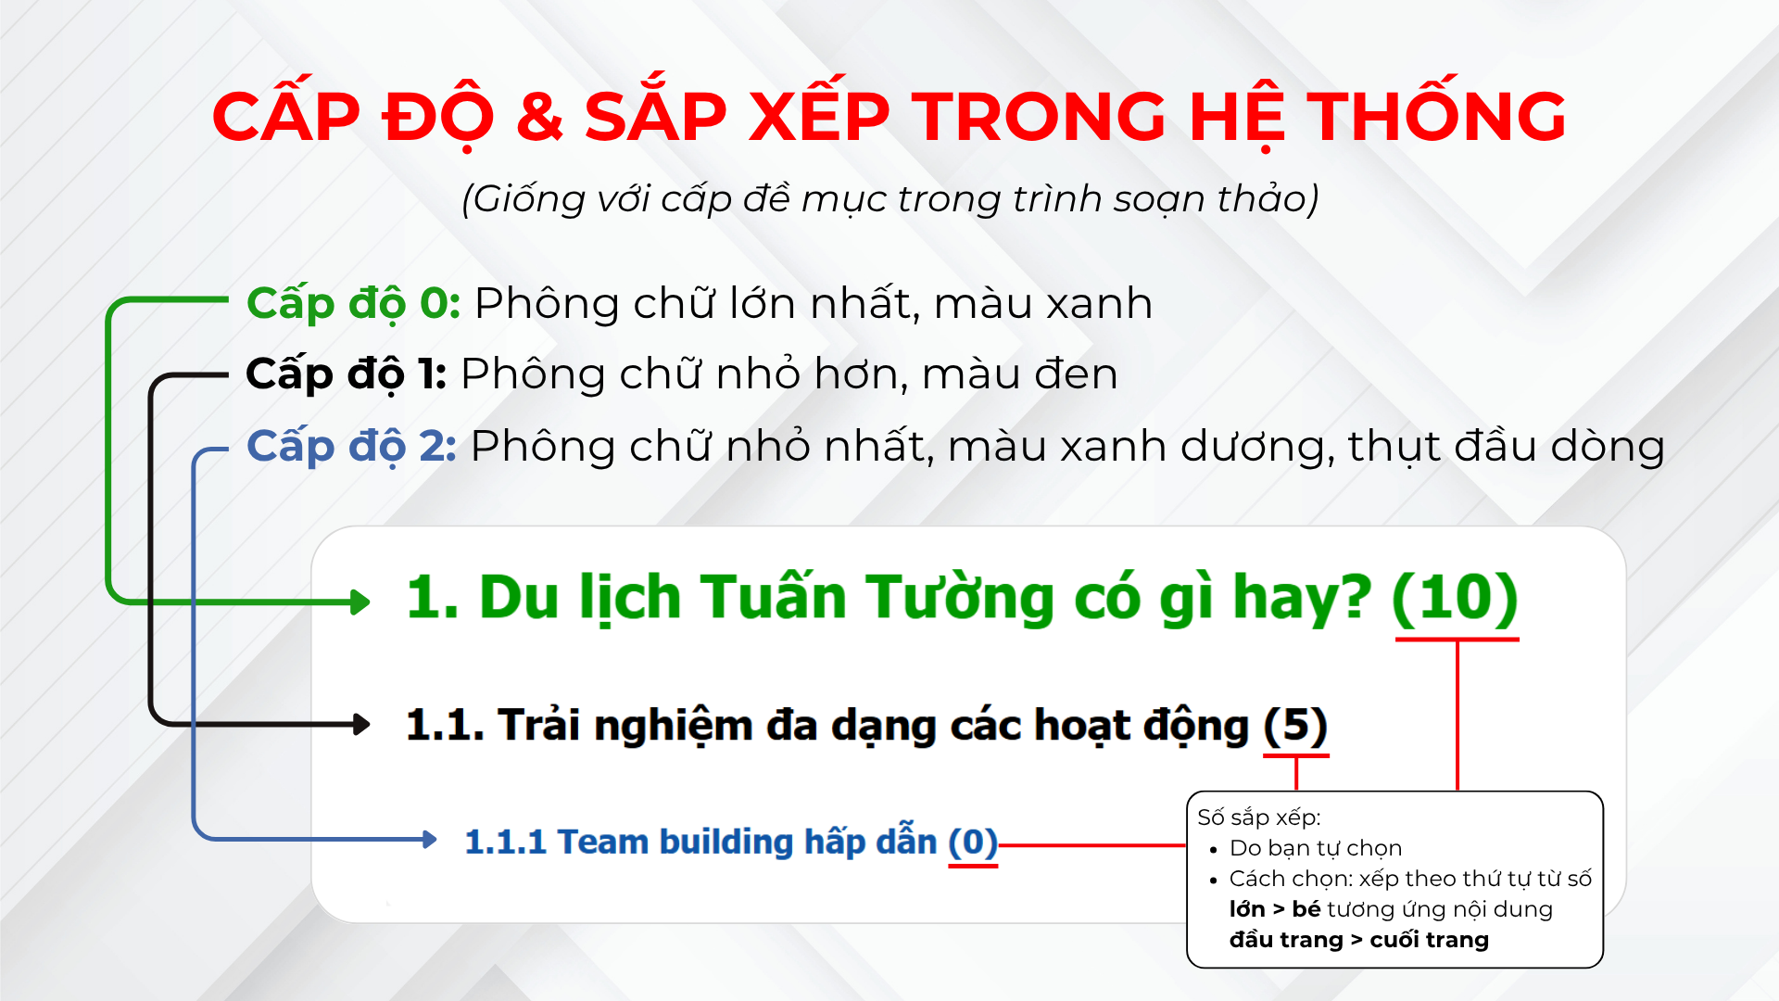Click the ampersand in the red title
[540, 117]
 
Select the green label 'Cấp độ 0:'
[354, 303]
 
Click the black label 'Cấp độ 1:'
[347, 374]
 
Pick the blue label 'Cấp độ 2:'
[352, 446]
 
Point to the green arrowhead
[360, 602]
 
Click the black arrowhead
[361, 724]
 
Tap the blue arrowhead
[429, 840]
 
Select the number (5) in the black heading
[1295, 725]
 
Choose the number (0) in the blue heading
[973, 842]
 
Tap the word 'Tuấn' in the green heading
[774, 596]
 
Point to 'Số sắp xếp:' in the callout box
[1259, 817]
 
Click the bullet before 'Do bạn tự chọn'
[1214, 849]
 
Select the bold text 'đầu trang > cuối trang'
[1359, 940]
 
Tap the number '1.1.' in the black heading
[446, 725]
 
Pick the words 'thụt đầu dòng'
[1507, 447]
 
